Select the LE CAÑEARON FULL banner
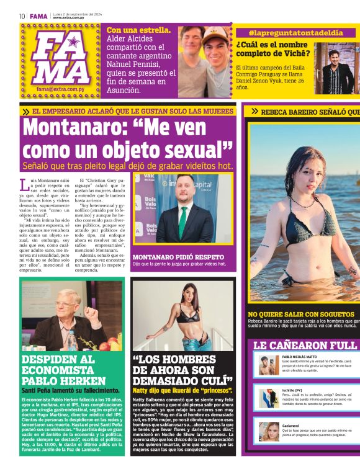coord(304,345)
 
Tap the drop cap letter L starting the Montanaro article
coord(24,184)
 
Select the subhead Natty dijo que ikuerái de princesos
coord(182,391)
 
